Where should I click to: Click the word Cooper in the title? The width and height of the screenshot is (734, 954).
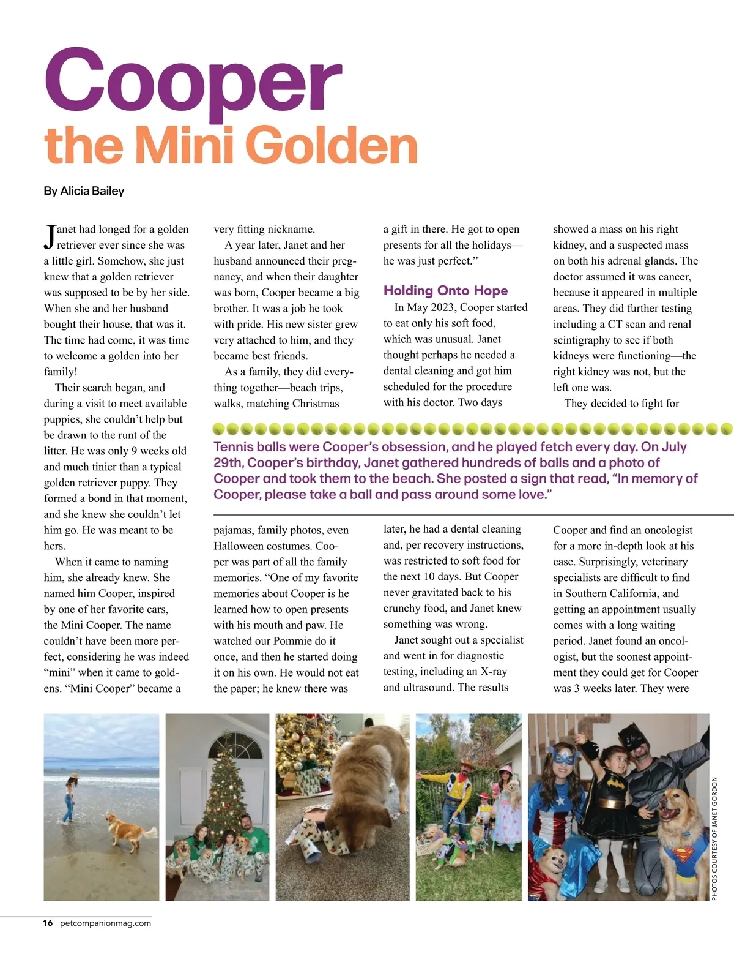193,80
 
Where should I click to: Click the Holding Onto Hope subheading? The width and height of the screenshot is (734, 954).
445,291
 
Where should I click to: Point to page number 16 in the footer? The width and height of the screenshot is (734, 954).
48,923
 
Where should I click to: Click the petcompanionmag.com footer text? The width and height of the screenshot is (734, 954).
105,923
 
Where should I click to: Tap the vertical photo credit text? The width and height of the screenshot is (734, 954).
714,839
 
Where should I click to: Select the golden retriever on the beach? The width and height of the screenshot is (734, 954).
127,830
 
